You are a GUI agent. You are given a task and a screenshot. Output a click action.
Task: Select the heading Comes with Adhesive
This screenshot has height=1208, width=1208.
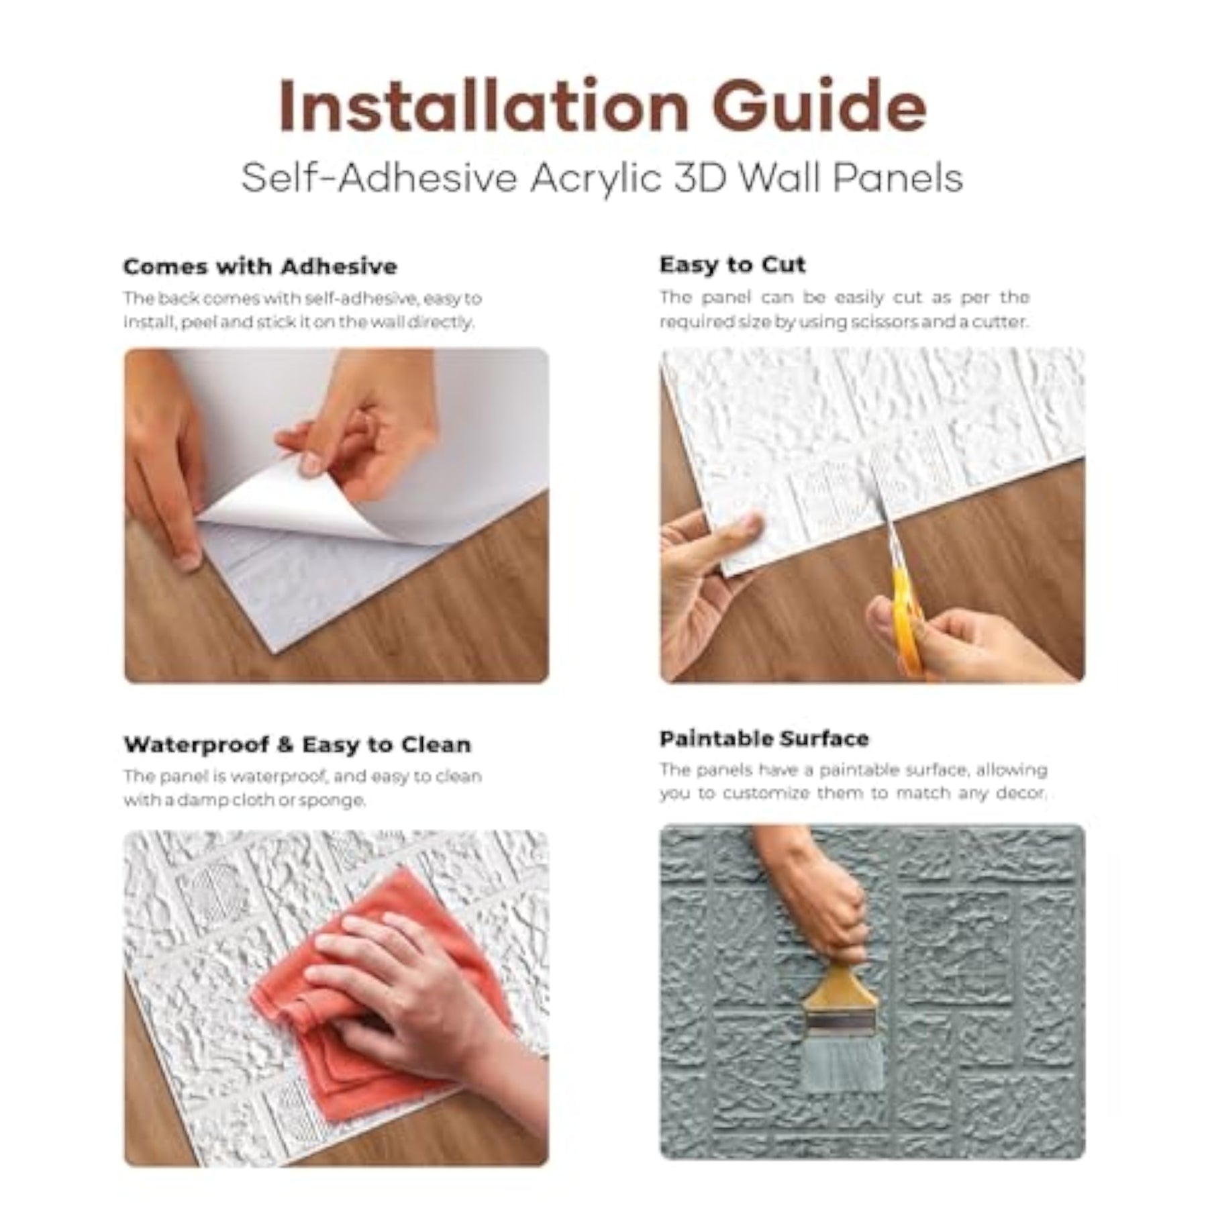point(260,266)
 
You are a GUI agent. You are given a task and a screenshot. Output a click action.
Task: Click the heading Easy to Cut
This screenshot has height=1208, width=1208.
point(732,265)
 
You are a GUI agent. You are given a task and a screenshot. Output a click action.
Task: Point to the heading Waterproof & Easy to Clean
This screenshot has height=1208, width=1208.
point(297,744)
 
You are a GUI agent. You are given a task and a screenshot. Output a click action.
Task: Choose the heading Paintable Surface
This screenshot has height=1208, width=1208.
point(764,739)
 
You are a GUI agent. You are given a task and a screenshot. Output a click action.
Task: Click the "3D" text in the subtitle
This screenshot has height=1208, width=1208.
point(702,179)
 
